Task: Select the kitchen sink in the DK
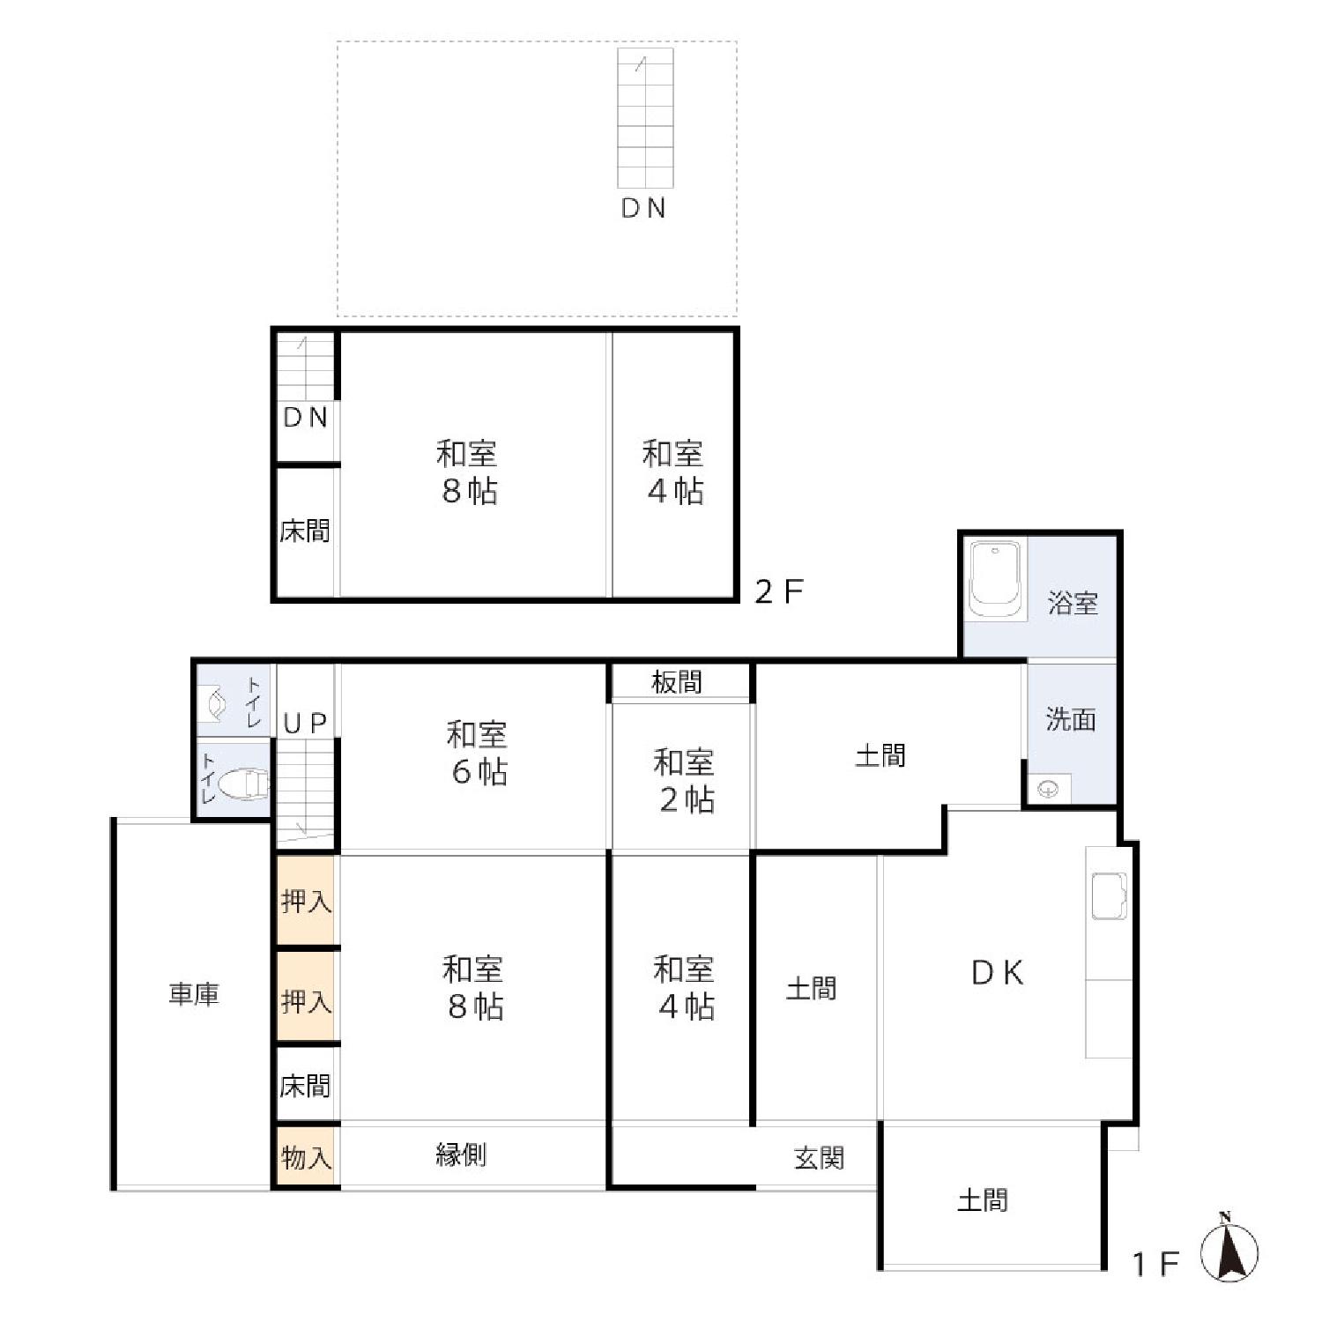tap(1110, 895)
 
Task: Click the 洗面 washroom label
tap(1071, 719)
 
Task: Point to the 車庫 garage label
tap(194, 994)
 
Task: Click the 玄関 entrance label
tap(819, 1157)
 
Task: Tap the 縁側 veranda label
tap(461, 1155)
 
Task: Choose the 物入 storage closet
tap(306, 1157)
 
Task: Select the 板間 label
tap(677, 682)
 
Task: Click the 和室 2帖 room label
tap(684, 780)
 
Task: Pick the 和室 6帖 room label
tap(477, 753)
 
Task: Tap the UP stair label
tap(306, 724)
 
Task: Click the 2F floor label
tap(779, 591)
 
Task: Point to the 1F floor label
tap(1155, 1265)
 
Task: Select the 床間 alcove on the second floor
tap(306, 531)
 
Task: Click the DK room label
tap(998, 972)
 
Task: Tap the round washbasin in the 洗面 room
tap(1049, 789)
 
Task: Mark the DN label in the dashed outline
tap(643, 208)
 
